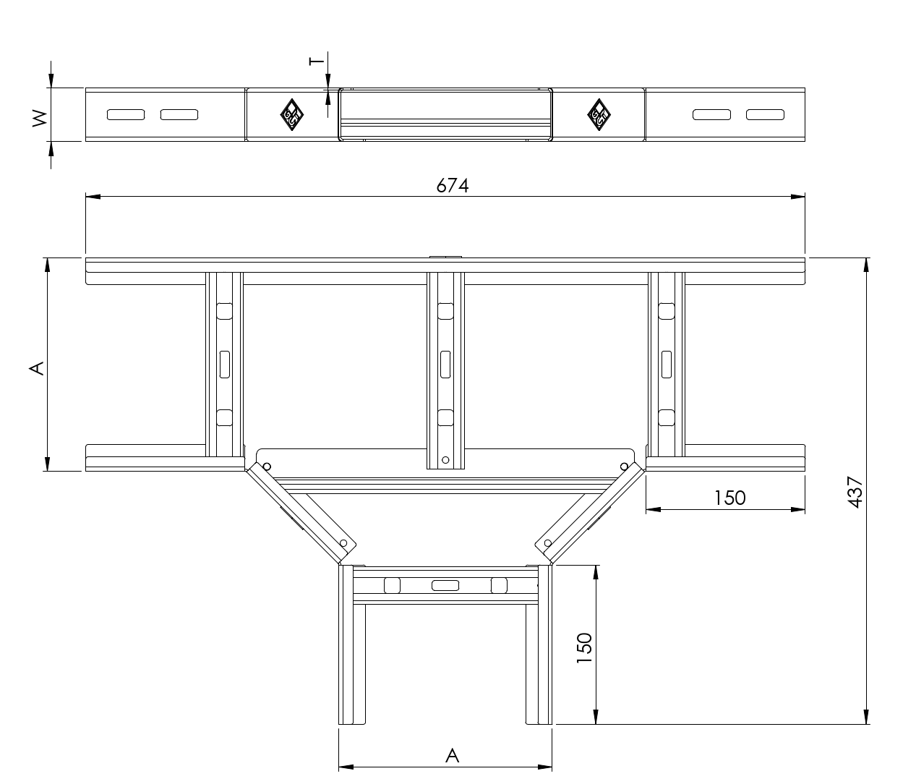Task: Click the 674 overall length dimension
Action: click(x=452, y=185)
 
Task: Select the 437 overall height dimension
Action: click(x=855, y=492)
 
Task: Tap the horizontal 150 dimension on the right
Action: click(x=730, y=498)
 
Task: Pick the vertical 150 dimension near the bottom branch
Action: click(x=585, y=648)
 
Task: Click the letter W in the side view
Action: click(x=40, y=119)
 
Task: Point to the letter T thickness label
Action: click(x=317, y=61)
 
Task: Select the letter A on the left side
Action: click(x=37, y=368)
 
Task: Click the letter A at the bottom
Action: click(x=452, y=756)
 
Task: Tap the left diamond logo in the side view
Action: click(x=291, y=115)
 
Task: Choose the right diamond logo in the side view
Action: click(x=599, y=115)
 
